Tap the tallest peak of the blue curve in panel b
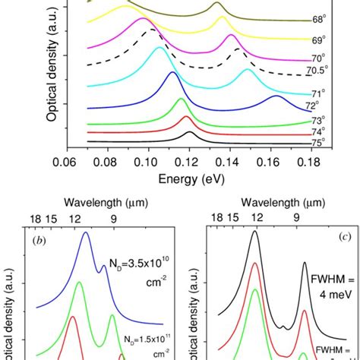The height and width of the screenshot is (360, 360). coord(86,233)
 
